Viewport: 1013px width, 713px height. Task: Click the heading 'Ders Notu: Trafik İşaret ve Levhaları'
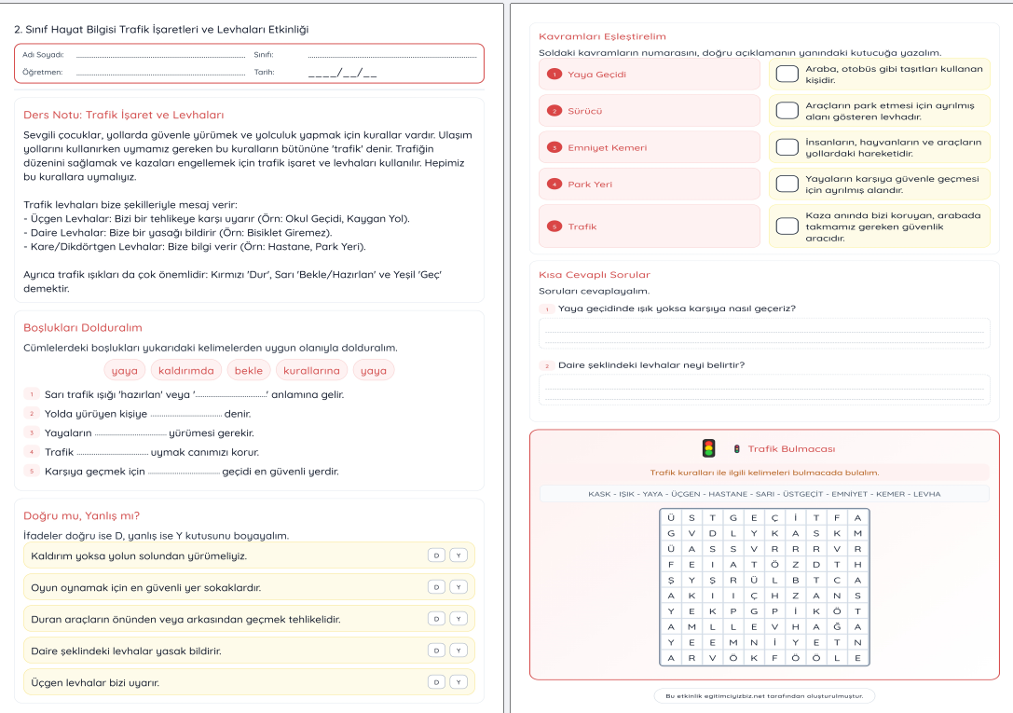(123, 116)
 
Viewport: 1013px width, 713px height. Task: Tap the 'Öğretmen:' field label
(43, 71)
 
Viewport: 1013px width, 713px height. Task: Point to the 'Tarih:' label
(264, 71)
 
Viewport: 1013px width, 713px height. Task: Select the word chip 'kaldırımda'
(186, 370)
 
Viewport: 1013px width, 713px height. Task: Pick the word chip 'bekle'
(248, 370)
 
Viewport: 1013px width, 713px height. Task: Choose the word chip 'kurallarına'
(312, 370)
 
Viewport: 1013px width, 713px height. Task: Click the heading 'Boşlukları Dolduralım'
(82, 327)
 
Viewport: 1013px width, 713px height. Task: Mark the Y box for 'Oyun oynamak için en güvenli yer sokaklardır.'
(457, 587)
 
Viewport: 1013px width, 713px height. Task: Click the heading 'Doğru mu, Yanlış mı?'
(81, 515)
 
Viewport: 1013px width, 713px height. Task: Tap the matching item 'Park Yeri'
(590, 184)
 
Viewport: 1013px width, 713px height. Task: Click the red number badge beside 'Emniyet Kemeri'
(554, 147)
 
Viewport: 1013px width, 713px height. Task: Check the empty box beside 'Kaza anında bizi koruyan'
(787, 226)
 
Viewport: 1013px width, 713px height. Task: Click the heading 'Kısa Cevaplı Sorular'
(595, 275)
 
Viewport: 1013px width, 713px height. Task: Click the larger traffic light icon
(708, 448)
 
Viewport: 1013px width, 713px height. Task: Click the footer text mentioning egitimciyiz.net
(764, 695)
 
